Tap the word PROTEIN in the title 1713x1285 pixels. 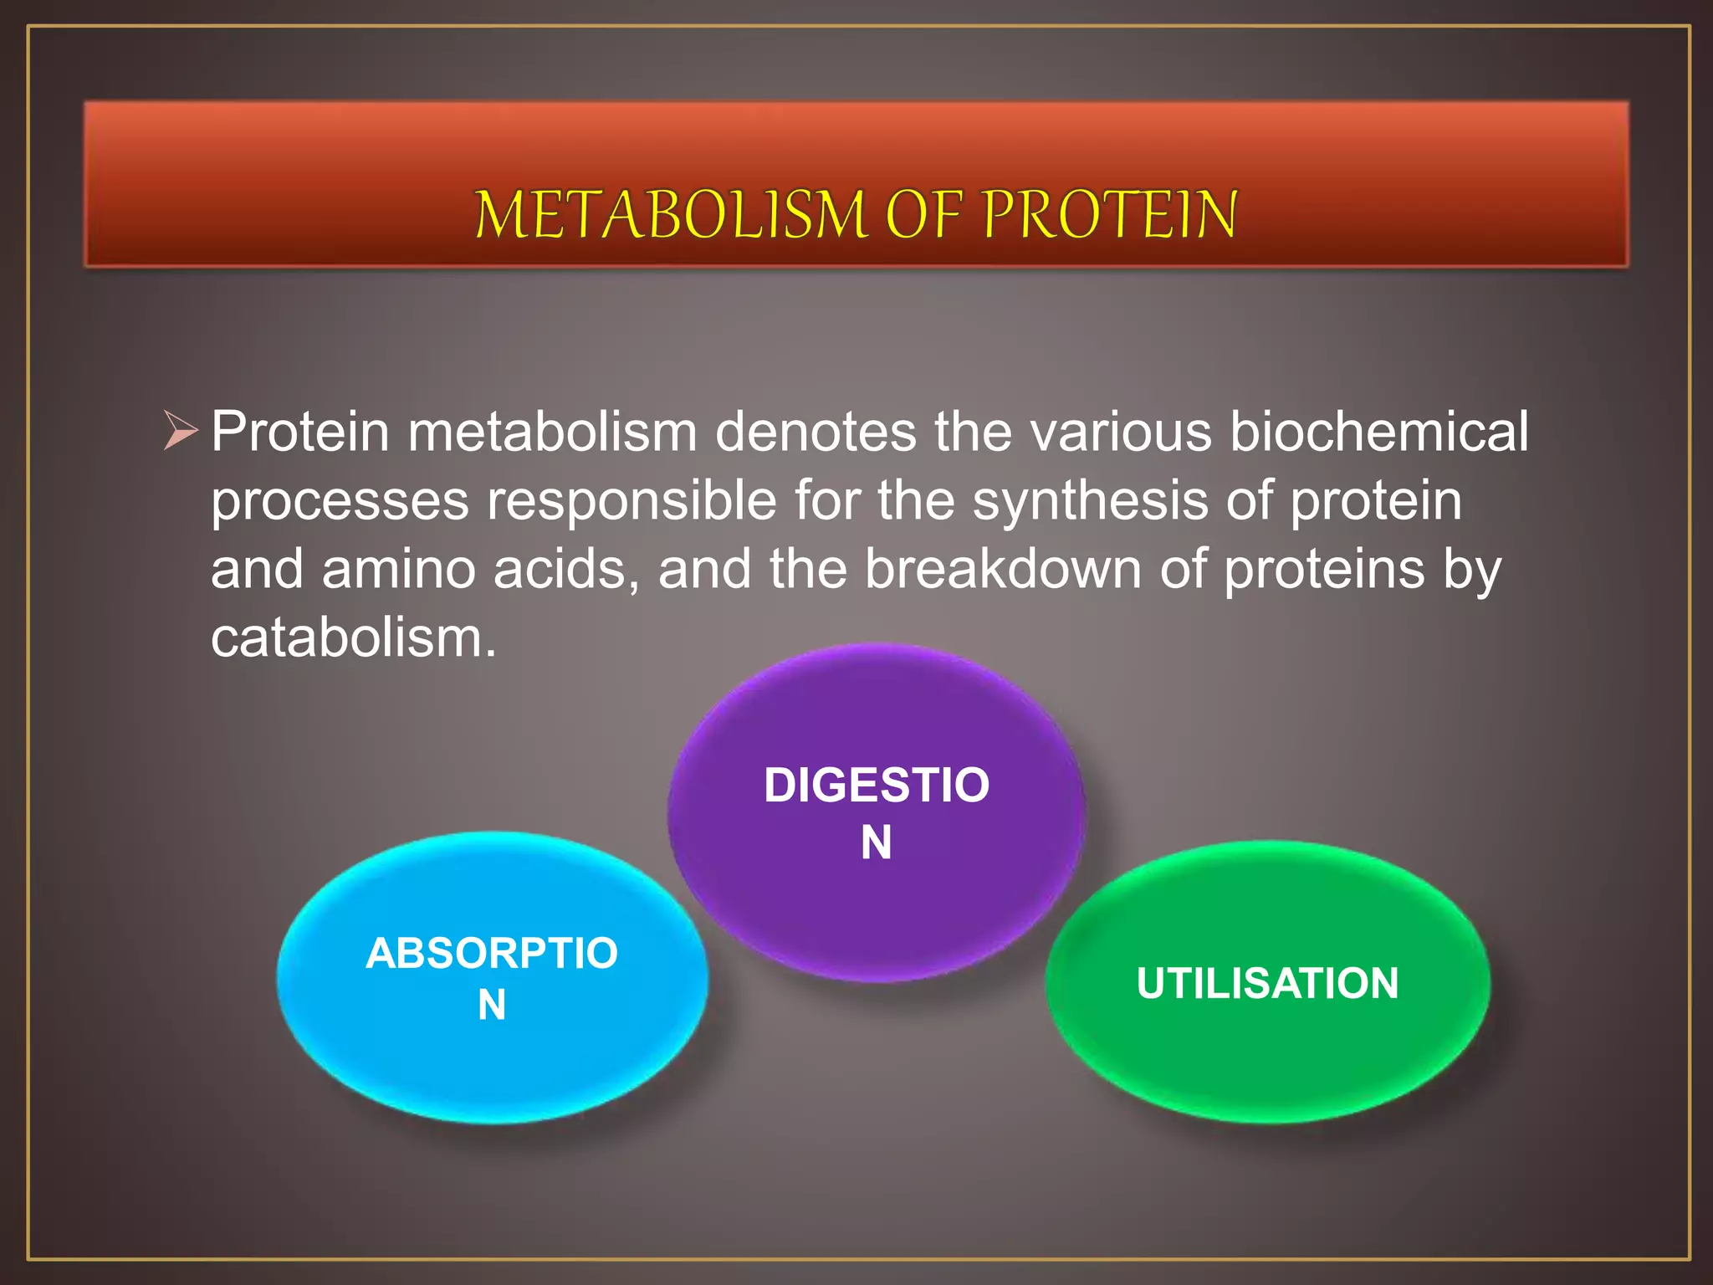pos(1109,215)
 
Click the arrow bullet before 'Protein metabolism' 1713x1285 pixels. pos(181,432)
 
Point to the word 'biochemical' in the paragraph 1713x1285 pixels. pos(1378,432)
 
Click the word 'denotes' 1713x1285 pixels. pos(816,432)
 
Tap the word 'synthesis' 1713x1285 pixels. pos(1090,500)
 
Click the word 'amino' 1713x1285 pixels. pos(399,569)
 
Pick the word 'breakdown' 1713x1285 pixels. pos(1002,569)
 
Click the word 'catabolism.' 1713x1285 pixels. pos(354,637)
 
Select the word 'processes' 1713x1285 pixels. pos(340,500)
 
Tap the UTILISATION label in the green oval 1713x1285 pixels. pos(1267,983)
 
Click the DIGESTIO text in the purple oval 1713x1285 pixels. pos(876,786)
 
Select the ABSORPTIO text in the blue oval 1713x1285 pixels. pos(492,953)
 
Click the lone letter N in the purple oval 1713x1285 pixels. pos(876,842)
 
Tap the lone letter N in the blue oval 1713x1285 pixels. pos(492,1005)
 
